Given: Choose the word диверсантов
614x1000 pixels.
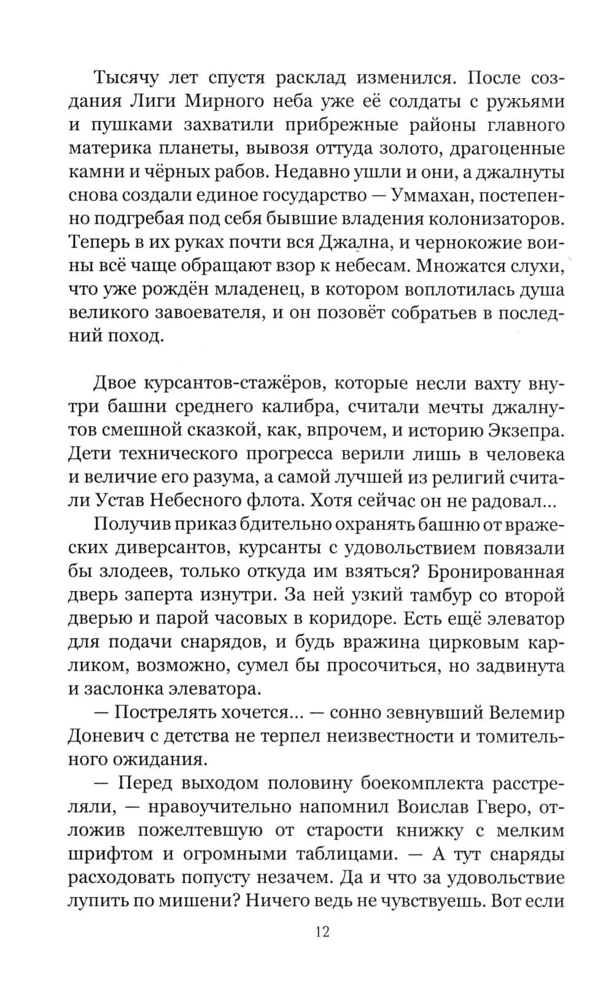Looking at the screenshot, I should tap(149, 548).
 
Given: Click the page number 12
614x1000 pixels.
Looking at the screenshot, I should tap(323, 933).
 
